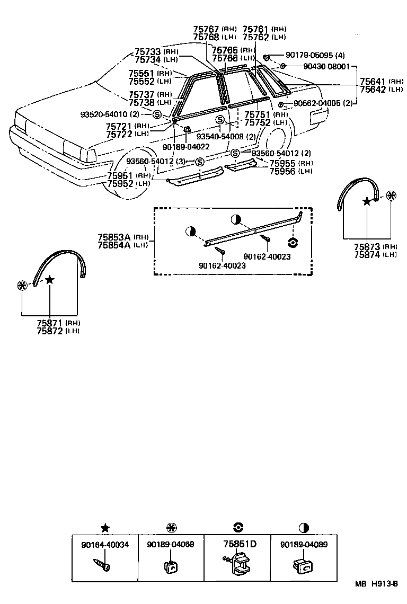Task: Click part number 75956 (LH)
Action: click(284, 171)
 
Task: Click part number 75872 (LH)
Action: click(50, 331)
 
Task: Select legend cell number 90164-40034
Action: click(105, 545)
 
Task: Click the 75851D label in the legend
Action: click(240, 544)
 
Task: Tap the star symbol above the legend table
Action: click(105, 527)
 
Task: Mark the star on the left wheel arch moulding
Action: click(49, 279)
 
